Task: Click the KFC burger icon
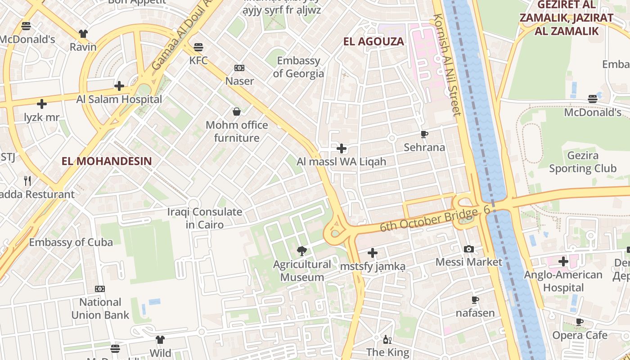pyautogui.click(x=198, y=47)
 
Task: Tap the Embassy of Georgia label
pyautogui.click(x=298, y=67)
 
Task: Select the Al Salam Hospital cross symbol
pyautogui.click(x=119, y=85)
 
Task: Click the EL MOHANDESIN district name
pyautogui.click(x=107, y=161)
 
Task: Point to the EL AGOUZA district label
pyautogui.click(x=373, y=42)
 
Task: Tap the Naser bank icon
pyautogui.click(x=239, y=68)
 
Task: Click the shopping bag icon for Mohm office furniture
pyautogui.click(x=237, y=112)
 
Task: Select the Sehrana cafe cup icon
pyautogui.click(x=424, y=134)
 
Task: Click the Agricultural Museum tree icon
pyautogui.click(x=302, y=251)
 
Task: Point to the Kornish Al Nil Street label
pyautogui.click(x=447, y=65)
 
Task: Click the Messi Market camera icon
pyautogui.click(x=468, y=249)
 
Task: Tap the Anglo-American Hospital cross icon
pyautogui.click(x=563, y=261)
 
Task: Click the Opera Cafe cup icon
pyautogui.click(x=580, y=322)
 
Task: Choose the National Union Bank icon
pyautogui.click(x=100, y=289)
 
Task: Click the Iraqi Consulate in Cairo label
pyautogui.click(x=205, y=218)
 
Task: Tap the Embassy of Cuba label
pyautogui.click(x=71, y=242)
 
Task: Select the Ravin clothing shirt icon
pyautogui.click(x=83, y=33)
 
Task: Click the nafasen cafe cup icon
pyautogui.click(x=475, y=300)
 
